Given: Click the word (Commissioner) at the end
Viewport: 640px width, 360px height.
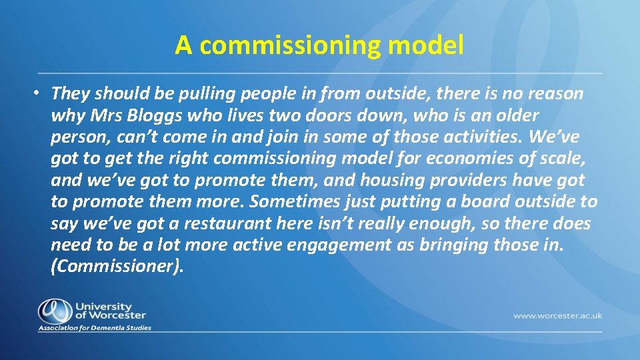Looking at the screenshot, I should pyautogui.click(x=115, y=267).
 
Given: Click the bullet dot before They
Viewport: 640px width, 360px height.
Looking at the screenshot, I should pyautogui.click(x=40, y=94).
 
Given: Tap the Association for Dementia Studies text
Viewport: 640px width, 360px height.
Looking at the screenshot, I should pyautogui.click(x=95, y=328).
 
